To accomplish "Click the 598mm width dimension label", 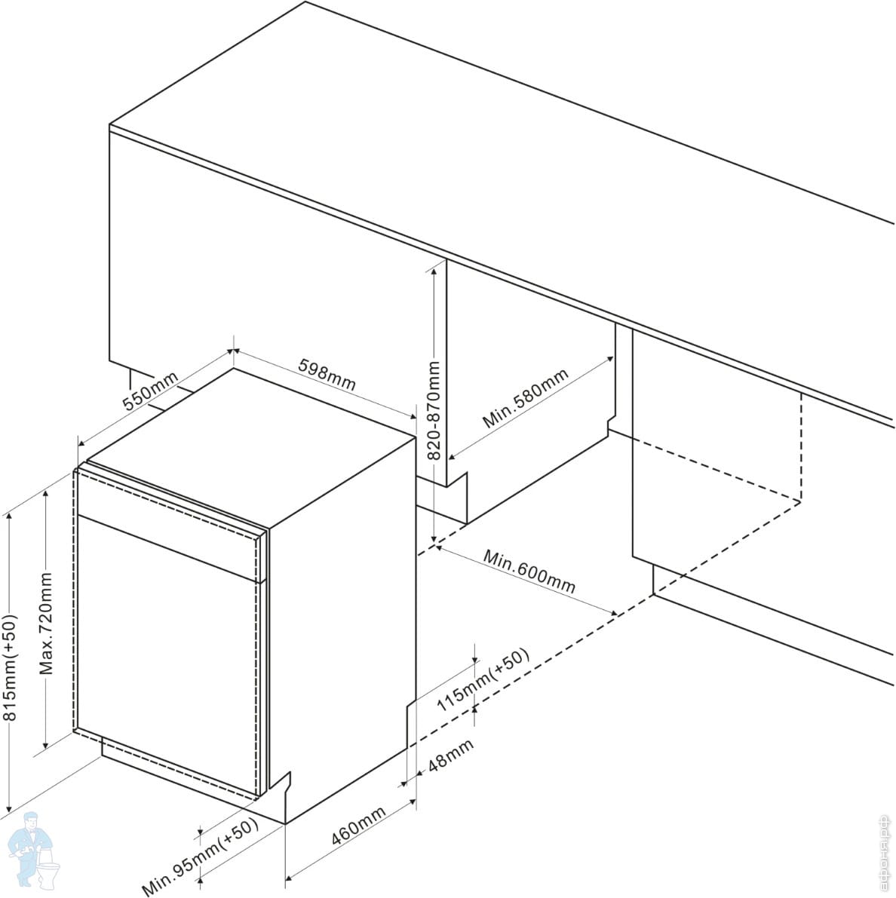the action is pyautogui.click(x=327, y=375).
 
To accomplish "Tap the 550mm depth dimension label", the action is pyautogui.click(x=151, y=391).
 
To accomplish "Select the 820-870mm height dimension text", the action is pyautogui.click(x=434, y=409).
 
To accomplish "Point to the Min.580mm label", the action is pyautogui.click(x=526, y=399).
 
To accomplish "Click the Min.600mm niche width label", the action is pyautogui.click(x=529, y=571).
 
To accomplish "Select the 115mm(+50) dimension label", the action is pyautogui.click(x=483, y=680).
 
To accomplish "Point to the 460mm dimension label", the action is pyautogui.click(x=358, y=826).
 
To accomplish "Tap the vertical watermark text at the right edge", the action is pyautogui.click(x=888, y=854).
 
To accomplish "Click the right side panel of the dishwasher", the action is pyautogui.click(x=342, y=624).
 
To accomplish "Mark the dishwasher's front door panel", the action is pyautogui.click(x=166, y=656).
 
